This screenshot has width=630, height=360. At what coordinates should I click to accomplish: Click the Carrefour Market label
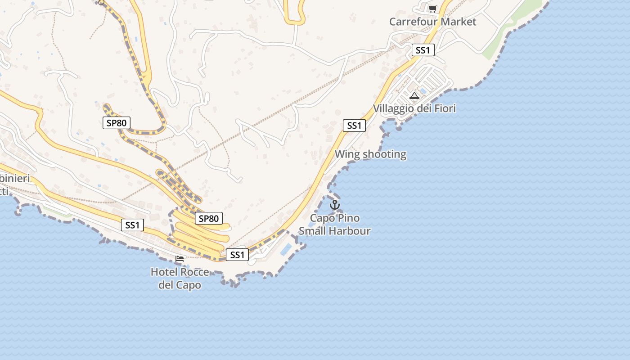point(432,22)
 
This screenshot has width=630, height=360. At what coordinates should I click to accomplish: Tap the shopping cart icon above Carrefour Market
point(432,9)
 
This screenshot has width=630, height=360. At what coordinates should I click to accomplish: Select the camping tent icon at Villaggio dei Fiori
point(414,95)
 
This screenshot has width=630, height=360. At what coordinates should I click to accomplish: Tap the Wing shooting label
point(370,154)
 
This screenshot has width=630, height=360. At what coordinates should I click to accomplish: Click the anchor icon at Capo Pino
point(334,205)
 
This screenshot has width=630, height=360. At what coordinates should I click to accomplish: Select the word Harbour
point(348,231)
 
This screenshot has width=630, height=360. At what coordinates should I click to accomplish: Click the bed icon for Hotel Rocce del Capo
point(180,259)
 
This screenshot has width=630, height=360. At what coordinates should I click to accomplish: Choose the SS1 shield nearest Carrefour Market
point(423,50)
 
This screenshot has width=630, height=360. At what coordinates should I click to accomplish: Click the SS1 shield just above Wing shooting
point(354,126)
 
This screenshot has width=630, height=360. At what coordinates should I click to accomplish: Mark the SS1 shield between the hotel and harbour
point(237,255)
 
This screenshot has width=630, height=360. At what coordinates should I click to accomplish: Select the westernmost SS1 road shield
point(132,225)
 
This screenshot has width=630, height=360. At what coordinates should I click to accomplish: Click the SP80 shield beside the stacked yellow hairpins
point(209,219)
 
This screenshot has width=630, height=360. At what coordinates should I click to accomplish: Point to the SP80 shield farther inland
point(117,122)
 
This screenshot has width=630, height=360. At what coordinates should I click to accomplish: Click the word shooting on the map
point(384,154)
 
